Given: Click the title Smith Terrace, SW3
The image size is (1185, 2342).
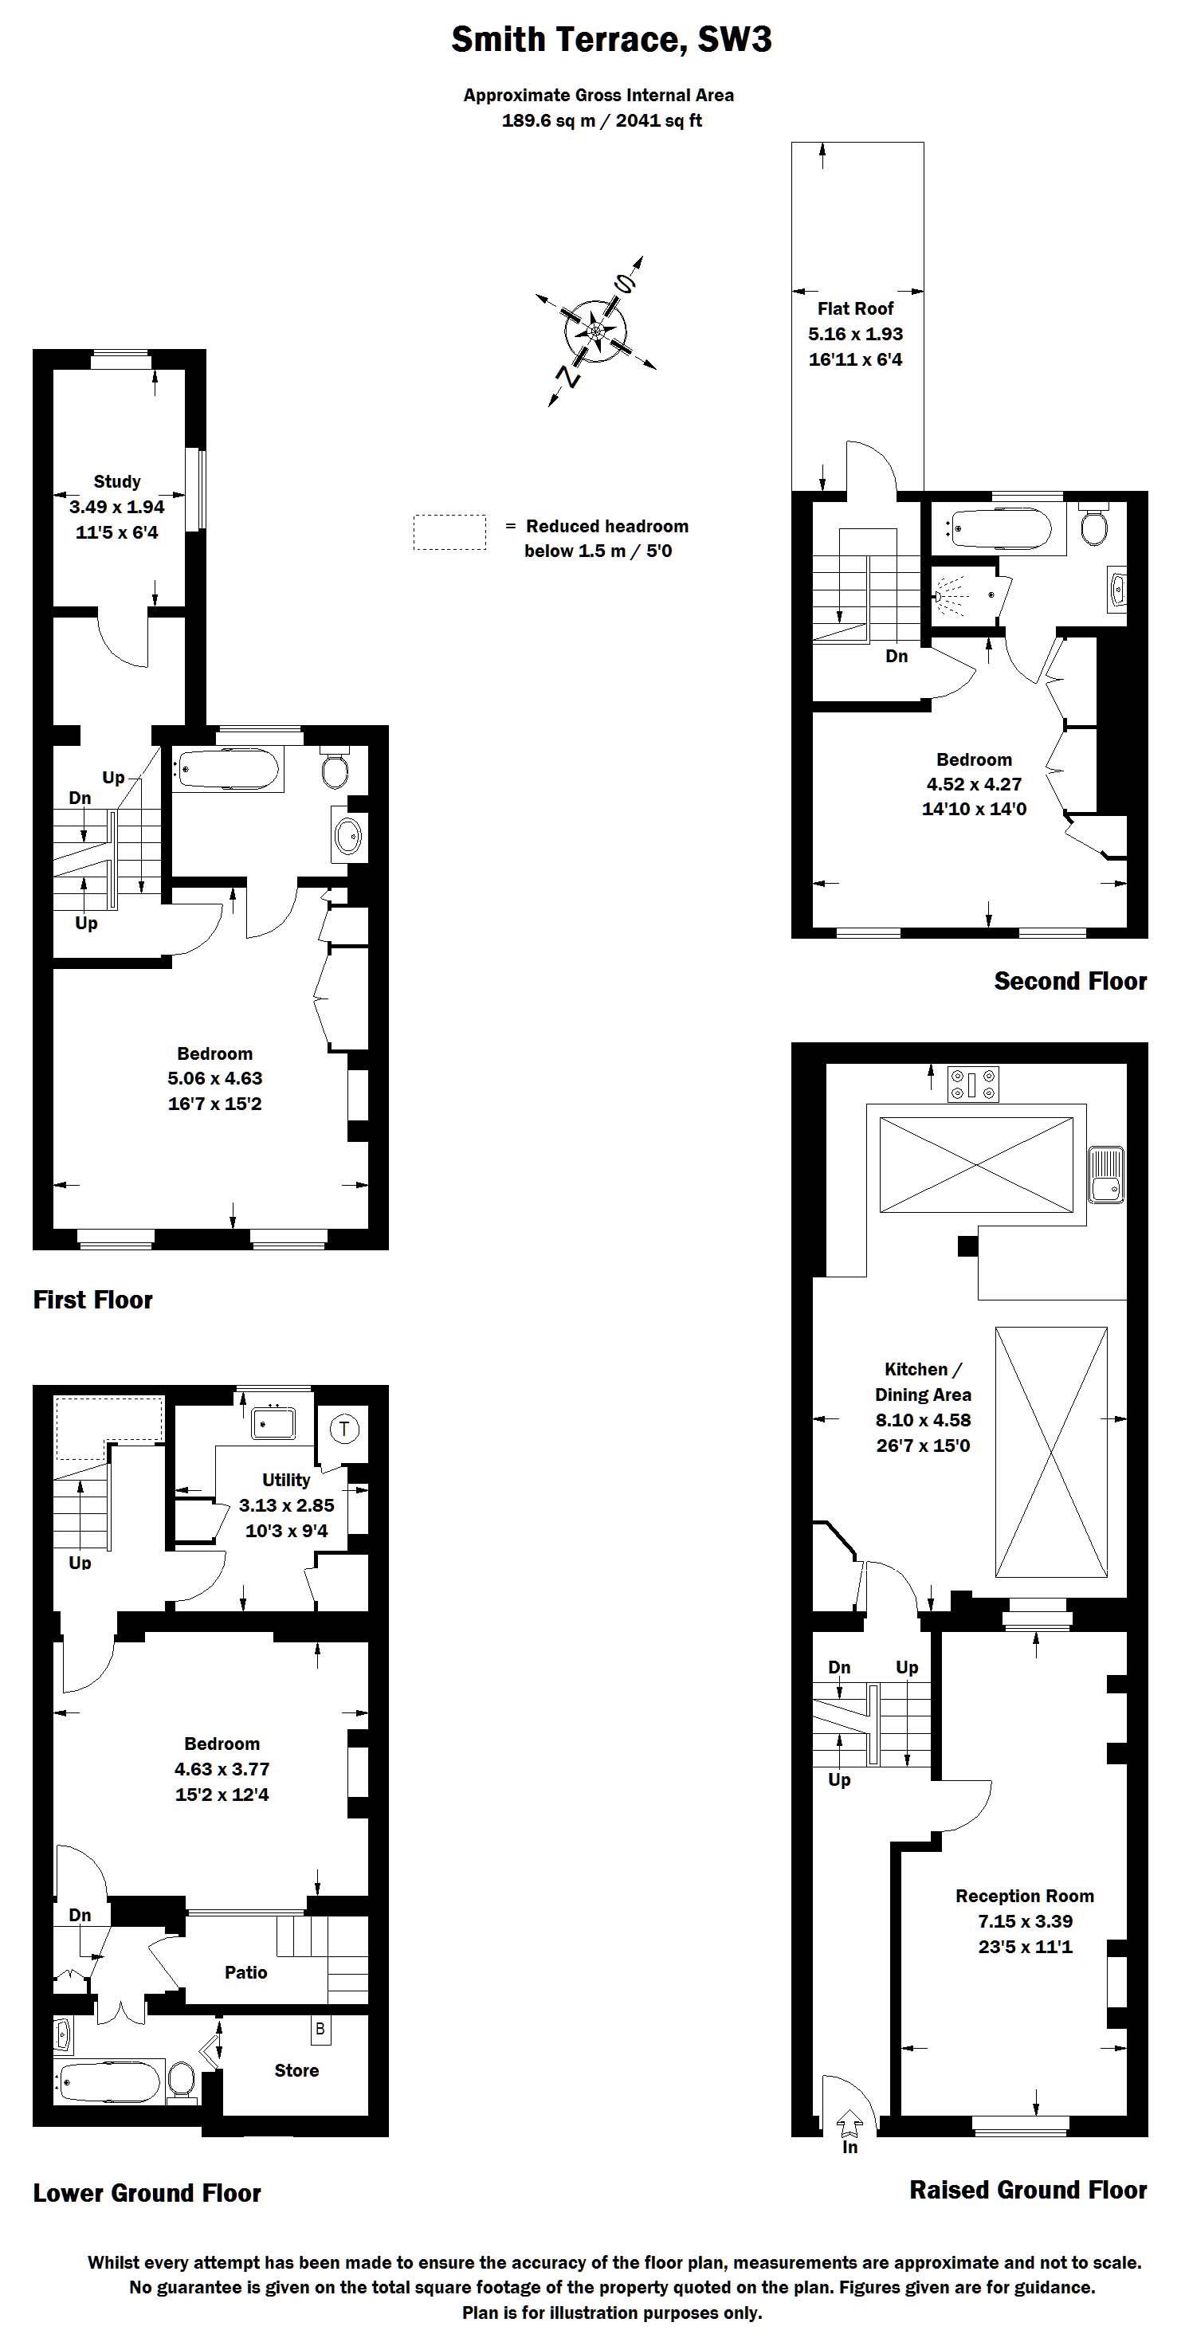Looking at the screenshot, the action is tap(611, 40).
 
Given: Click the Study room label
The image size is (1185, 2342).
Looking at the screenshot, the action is tap(117, 482).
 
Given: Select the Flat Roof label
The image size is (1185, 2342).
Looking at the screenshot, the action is tap(855, 309).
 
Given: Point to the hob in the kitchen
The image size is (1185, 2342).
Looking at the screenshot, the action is tap(973, 1084).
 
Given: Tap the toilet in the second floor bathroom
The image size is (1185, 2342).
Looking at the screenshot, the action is tap(1093, 524).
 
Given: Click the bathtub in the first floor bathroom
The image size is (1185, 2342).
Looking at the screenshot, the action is tap(227, 771).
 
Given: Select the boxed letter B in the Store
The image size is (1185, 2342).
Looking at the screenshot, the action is tap(320, 2028).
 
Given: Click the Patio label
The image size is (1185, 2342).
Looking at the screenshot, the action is tap(245, 1972).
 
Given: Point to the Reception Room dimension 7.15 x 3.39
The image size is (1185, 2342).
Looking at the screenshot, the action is tap(1025, 1921).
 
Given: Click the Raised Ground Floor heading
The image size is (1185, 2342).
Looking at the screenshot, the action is tap(1028, 2189).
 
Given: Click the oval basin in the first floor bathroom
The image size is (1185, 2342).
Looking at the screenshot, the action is tap(348, 834).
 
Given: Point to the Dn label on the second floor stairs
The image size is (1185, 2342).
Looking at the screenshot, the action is tap(897, 657).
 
